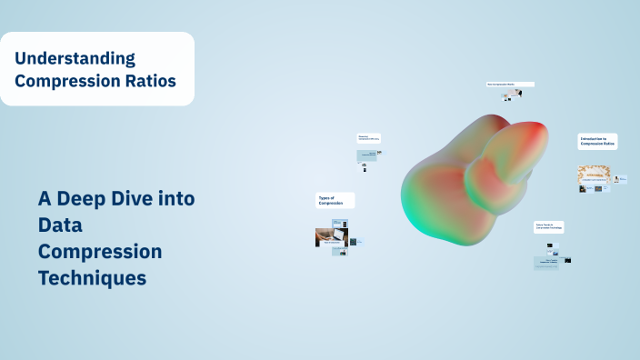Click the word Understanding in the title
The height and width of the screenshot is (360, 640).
[x=75, y=59]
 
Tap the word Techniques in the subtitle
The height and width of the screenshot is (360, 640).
[x=92, y=278]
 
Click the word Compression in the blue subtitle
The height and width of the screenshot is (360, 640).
[x=100, y=251]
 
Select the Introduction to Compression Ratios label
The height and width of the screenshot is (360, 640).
[x=597, y=142]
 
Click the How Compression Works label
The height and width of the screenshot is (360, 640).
[x=509, y=85]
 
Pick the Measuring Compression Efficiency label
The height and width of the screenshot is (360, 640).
[x=369, y=139]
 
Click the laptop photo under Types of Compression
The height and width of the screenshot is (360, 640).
[x=325, y=236]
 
